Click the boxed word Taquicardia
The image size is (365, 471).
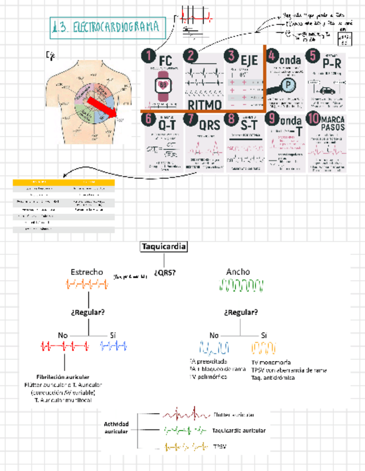tap(164, 247)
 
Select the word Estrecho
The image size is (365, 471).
tap(87, 272)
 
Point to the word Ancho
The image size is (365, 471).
tap(238, 272)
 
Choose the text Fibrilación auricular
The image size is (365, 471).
tap(62, 377)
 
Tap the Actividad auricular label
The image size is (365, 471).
tap(116, 427)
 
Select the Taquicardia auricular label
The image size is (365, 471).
tap(239, 430)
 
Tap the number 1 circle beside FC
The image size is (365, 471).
tap(147, 56)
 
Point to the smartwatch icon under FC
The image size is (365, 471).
tap(164, 84)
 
